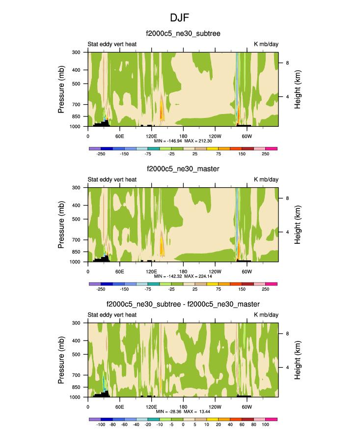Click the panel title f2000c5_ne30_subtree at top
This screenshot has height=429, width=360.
(183, 34)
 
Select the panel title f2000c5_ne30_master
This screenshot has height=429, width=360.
(183, 169)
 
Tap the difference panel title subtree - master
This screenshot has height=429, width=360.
(183, 305)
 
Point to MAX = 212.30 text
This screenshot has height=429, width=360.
(198, 141)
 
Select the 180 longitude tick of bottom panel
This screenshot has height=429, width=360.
(183, 407)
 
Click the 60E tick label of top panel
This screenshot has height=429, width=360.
(119, 136)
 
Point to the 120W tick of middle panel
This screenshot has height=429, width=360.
(215, 272)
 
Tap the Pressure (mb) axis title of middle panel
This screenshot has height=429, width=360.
(61, 225)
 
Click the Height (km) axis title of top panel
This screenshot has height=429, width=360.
(298, 89)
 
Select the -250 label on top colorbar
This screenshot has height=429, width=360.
(101, 154)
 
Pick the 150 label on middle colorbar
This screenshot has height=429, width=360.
(242, 289)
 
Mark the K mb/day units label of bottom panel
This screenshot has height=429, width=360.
(266, 315)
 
